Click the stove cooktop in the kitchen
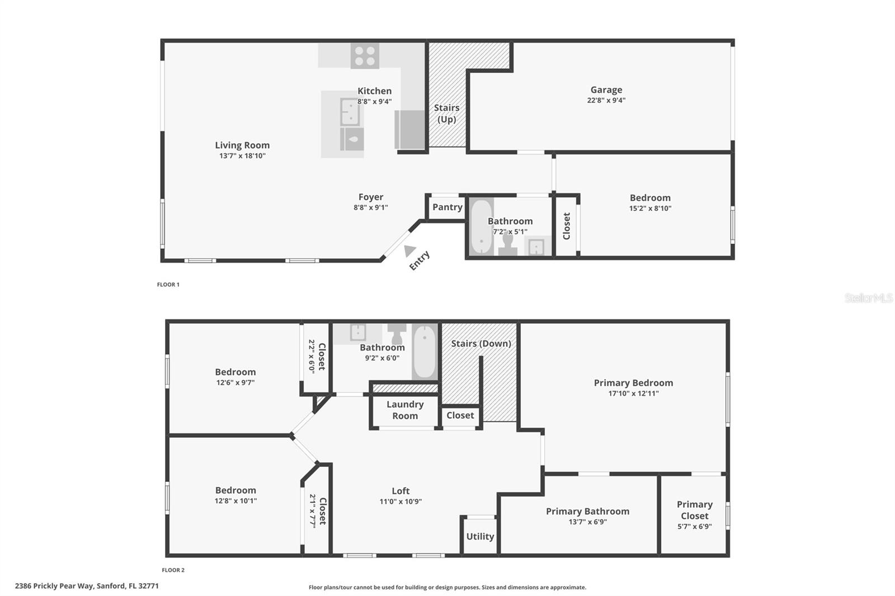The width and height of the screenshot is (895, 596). [365, 56]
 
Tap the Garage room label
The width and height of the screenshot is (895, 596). [606, 89]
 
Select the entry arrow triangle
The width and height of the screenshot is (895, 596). [410, 251]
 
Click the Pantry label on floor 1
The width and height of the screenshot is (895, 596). [447, 207]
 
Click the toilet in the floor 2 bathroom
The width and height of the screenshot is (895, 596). [398, 334]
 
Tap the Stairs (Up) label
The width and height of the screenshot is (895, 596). [446, 113]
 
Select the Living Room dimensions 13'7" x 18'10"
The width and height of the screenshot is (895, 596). [242, 156]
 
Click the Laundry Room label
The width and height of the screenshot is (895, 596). [405, 410]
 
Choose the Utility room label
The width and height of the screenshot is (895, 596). [480, 536]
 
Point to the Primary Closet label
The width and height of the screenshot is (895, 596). [695, 510]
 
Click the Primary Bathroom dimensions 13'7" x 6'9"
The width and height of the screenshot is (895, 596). [587, 522]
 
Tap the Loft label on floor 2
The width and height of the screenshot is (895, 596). [401, 491]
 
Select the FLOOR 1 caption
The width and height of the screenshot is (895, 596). [168, 285]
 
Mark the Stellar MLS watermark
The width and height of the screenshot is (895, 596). [868, 298]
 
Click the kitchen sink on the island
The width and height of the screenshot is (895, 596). [350, 112]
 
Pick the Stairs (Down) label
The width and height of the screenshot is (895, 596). [481, 343]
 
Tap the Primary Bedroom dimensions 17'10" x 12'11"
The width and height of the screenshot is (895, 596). [633, 394]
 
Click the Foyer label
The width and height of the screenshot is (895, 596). [371, 197]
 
